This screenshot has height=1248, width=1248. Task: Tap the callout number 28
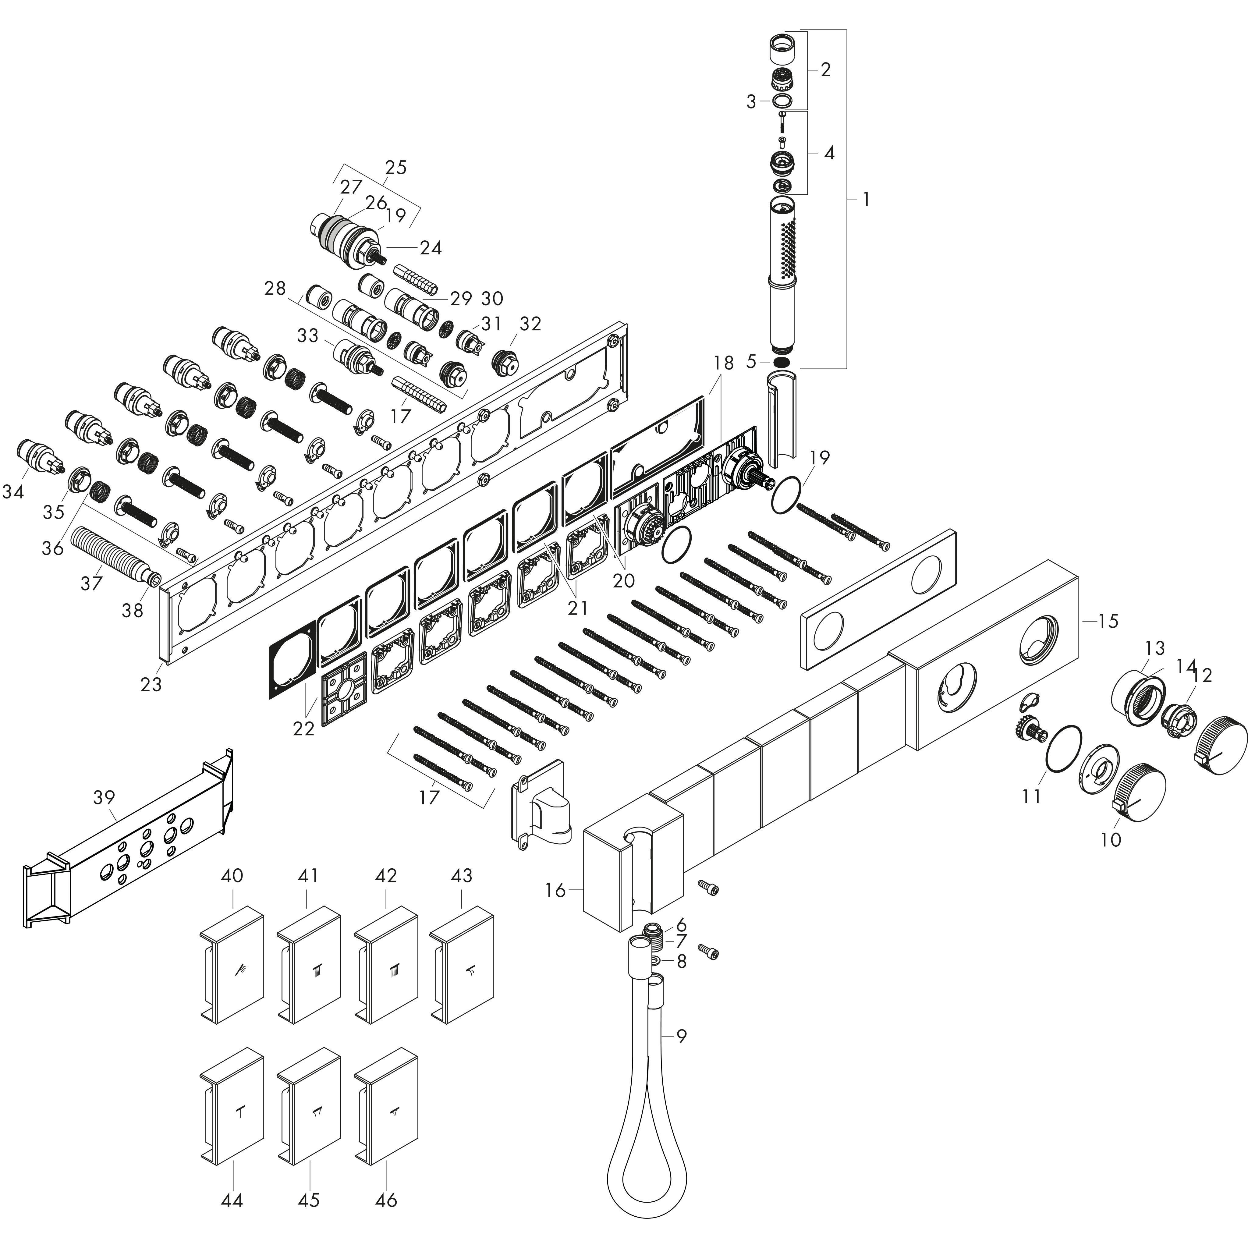pos(275,288)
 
